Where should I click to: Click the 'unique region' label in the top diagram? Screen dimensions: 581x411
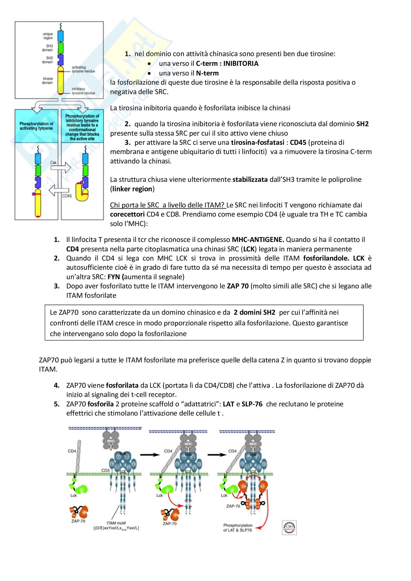[x=47, y=36]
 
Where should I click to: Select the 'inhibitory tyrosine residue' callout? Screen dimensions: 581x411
[x=83, y=91]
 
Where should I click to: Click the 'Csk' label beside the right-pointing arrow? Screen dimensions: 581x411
[x=53, y=163]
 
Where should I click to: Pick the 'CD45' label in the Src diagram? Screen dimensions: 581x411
[x=67, y=196]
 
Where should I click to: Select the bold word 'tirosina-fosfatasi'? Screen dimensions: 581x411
[x=258, y=143]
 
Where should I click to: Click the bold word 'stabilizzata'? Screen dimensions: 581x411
[x=250, y=179]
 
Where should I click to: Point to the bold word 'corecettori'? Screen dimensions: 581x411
[x=127, y=214]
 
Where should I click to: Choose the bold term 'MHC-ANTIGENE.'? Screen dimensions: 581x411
[x=258, y=240]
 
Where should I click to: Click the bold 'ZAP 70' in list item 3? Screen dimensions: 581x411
[x=238, y=286]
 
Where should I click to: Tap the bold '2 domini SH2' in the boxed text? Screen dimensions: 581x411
[x=254, y=312]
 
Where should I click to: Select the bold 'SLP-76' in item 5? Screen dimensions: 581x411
[x=252, y=404]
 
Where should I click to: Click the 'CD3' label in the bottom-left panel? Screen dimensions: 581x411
[x=105, y=470]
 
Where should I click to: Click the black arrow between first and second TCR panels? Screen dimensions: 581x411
[x=150, y=455]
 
